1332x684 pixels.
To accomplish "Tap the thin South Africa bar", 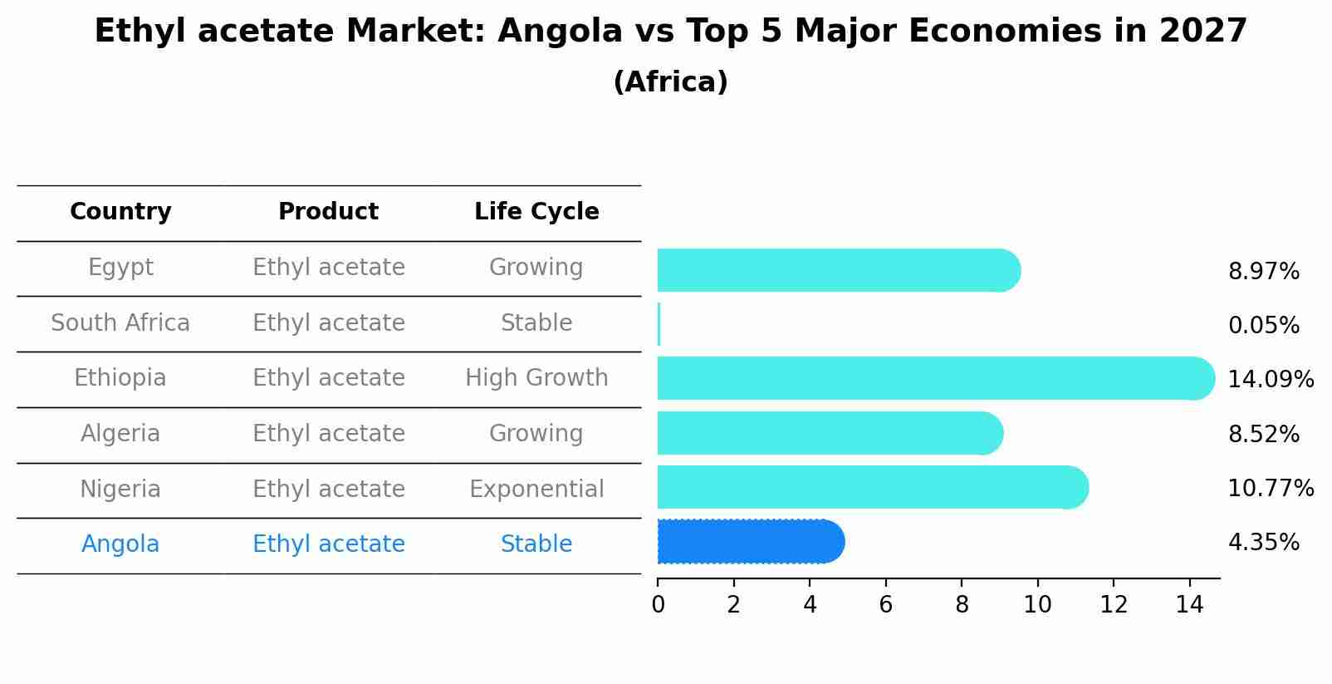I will (659, 324).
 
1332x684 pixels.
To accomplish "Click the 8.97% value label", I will (1263, 272).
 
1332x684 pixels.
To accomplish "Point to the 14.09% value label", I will (1270, 380).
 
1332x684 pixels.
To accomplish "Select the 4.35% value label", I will (1263, 543).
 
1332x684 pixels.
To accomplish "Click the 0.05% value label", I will (1263, 326).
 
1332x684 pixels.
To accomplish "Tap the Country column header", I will (120, 212).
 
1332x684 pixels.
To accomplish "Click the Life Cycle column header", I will (536, 212).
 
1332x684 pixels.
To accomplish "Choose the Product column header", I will (328, 212).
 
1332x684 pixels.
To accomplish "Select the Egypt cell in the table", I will (120, 268).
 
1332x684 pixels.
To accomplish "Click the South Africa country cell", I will (120, 323).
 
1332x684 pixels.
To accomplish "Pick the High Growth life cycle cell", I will (536, 378).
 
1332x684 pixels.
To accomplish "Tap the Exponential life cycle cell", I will (536, 490).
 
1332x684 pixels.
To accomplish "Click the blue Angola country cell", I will (120, 544).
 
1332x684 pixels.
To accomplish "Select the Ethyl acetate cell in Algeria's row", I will (328, 434).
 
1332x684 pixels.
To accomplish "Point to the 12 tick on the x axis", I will (1114, 605).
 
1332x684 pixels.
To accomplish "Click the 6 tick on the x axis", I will (885, 605).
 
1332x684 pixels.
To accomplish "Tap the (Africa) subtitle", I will (670, 82).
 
